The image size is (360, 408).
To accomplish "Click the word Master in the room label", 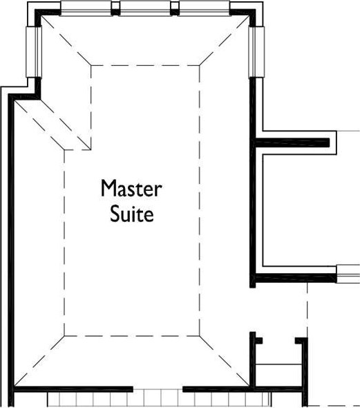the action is point(131,188).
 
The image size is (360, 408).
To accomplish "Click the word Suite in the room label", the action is point(131,214).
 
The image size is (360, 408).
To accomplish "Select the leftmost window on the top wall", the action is point(86,8).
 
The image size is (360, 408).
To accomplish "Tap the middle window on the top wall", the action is point(145,8).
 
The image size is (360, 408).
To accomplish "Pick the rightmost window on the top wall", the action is point(205,8).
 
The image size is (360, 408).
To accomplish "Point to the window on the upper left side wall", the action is point(34,52).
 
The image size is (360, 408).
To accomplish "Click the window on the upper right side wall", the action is point(256,52).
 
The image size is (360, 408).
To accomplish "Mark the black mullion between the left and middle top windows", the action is point(115,9).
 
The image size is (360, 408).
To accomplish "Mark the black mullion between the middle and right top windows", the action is point(175,9).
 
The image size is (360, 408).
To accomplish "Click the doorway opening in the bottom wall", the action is point(158,389).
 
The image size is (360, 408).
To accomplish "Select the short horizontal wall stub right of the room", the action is point(292,142).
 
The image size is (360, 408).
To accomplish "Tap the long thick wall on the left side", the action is point(11,250).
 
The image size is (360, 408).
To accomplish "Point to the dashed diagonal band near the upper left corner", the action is point(52,125).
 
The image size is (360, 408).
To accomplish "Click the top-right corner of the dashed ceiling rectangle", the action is point(200,65).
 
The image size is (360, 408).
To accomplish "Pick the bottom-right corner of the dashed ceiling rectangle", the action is point(200,335).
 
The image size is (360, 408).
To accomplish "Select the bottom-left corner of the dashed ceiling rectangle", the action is point(64,335).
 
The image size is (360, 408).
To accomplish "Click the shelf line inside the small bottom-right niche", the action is point(278,364).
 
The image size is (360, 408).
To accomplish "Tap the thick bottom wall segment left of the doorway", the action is point(73,389).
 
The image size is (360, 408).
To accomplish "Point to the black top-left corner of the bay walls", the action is point(39,15).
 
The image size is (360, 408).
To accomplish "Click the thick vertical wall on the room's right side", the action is point(252,182).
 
